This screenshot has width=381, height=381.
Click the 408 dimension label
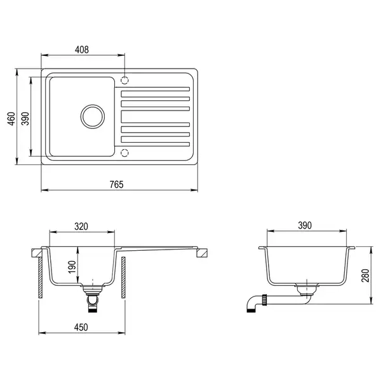82,50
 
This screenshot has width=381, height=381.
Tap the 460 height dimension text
11,119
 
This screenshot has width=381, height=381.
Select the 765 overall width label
117,185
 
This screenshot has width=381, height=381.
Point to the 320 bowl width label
81,227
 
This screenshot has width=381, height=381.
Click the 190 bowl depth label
72,267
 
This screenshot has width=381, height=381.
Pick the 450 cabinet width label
81,327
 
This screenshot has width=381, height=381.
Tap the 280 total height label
365,276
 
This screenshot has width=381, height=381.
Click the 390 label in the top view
25,119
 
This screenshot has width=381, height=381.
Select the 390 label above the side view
305,225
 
